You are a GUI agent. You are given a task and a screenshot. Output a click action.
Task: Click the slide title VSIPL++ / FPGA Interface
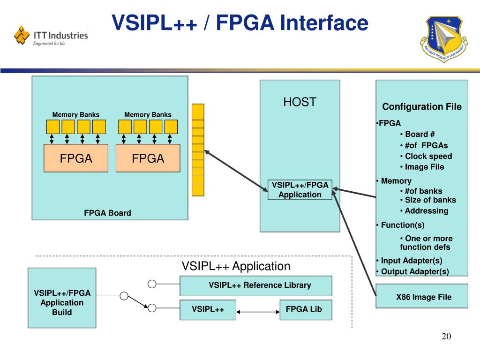[x=240, y=23]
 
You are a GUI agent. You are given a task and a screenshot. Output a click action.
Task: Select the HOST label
[x=300, y=102]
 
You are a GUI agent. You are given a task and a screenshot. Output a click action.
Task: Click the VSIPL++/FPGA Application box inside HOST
[x=300, y=190]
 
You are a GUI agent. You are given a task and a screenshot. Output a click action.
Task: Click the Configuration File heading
[x=422, y=107]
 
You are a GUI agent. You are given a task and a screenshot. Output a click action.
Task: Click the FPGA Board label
[x=107, y=213]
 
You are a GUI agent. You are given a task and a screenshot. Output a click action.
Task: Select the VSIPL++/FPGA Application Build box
[x=62, y=303]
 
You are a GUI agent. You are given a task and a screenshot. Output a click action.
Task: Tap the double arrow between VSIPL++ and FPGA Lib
[x=258, y=311]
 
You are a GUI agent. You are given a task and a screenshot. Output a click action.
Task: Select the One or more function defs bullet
[x=425, y=243]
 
